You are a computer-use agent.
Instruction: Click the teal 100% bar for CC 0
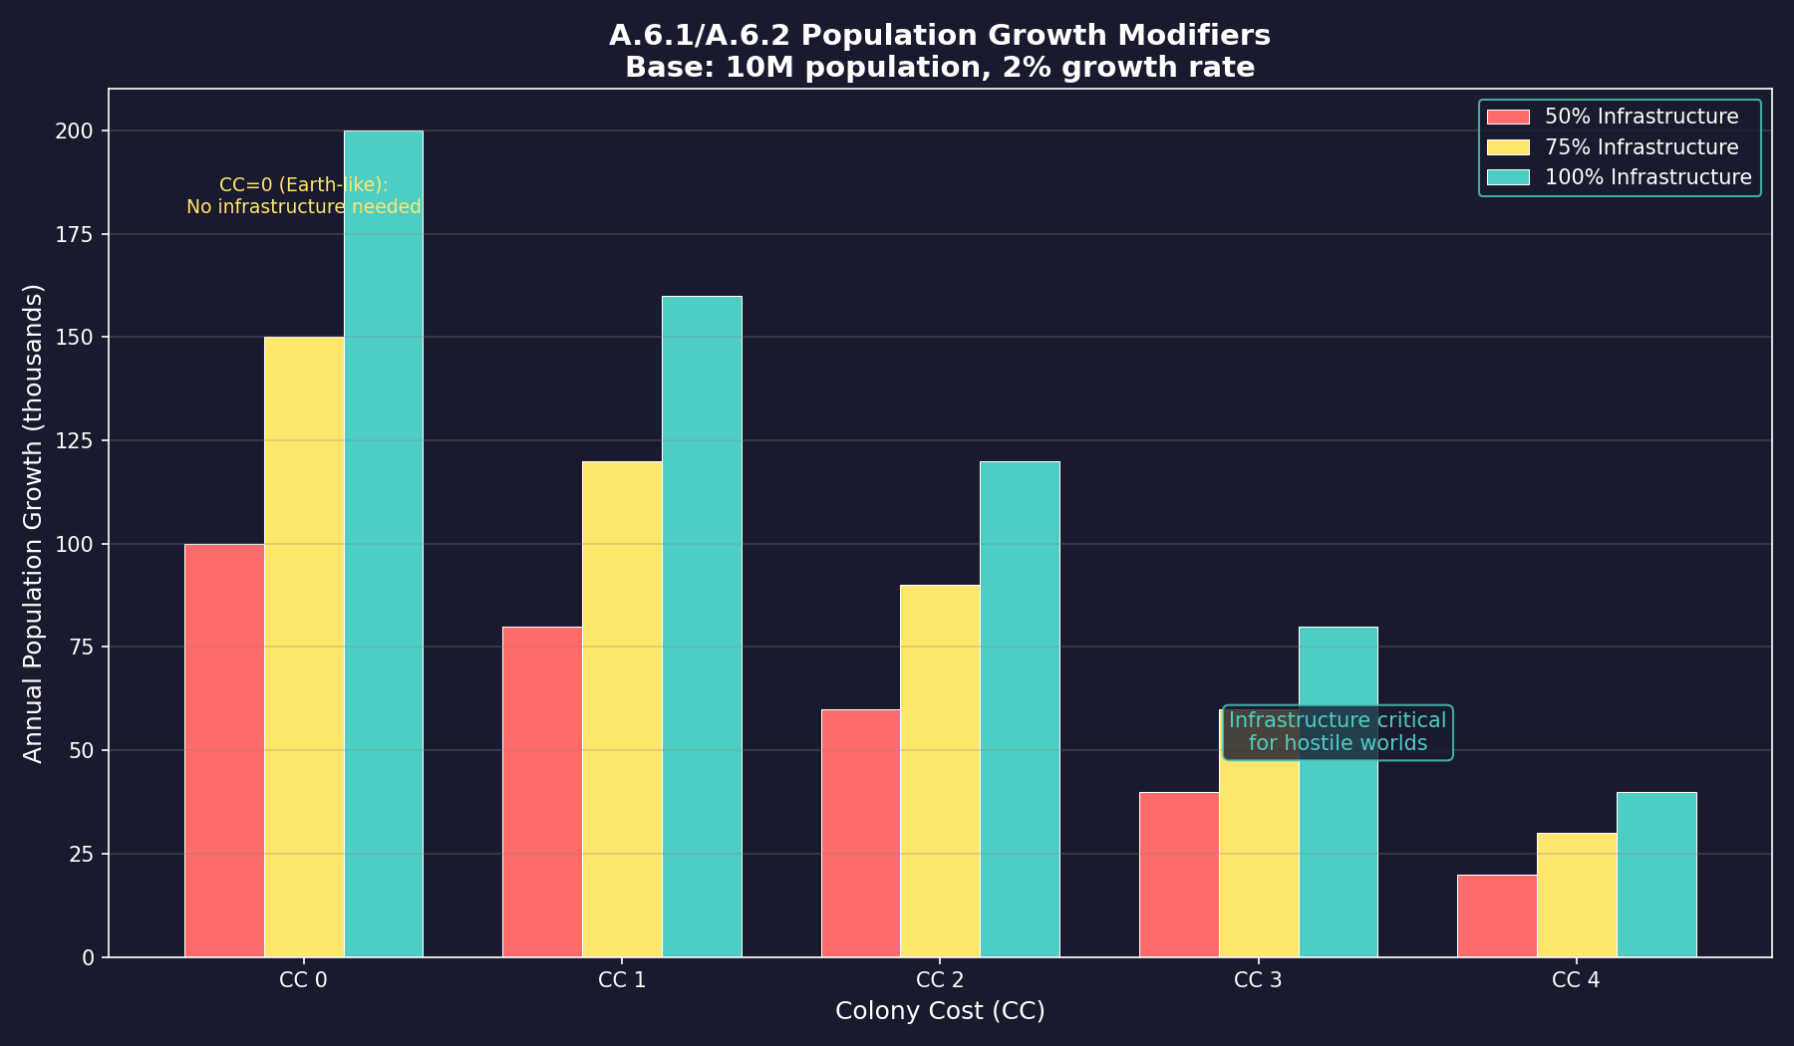point(384,543)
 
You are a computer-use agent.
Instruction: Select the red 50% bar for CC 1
point(542,792)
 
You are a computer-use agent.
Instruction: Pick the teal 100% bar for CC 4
point(1656,875)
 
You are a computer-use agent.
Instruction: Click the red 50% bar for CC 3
point(1179,875)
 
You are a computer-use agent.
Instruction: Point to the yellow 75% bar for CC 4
point(1577,895)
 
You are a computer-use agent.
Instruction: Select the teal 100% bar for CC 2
point(1020,708)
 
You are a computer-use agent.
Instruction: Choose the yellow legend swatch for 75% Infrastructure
point(1507,147)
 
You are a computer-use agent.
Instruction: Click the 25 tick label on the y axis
point(82,854)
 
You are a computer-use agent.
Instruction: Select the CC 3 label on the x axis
point(1258,980)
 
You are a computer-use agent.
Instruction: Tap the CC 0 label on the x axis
point(304,980)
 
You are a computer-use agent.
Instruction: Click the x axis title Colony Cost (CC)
point(940,1011)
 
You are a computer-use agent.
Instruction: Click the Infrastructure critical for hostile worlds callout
point(1338,732)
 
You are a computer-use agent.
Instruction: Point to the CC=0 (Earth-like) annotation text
point(304,185)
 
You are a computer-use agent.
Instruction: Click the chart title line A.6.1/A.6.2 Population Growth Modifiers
point(940,36)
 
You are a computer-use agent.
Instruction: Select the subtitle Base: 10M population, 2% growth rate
point(940,68)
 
